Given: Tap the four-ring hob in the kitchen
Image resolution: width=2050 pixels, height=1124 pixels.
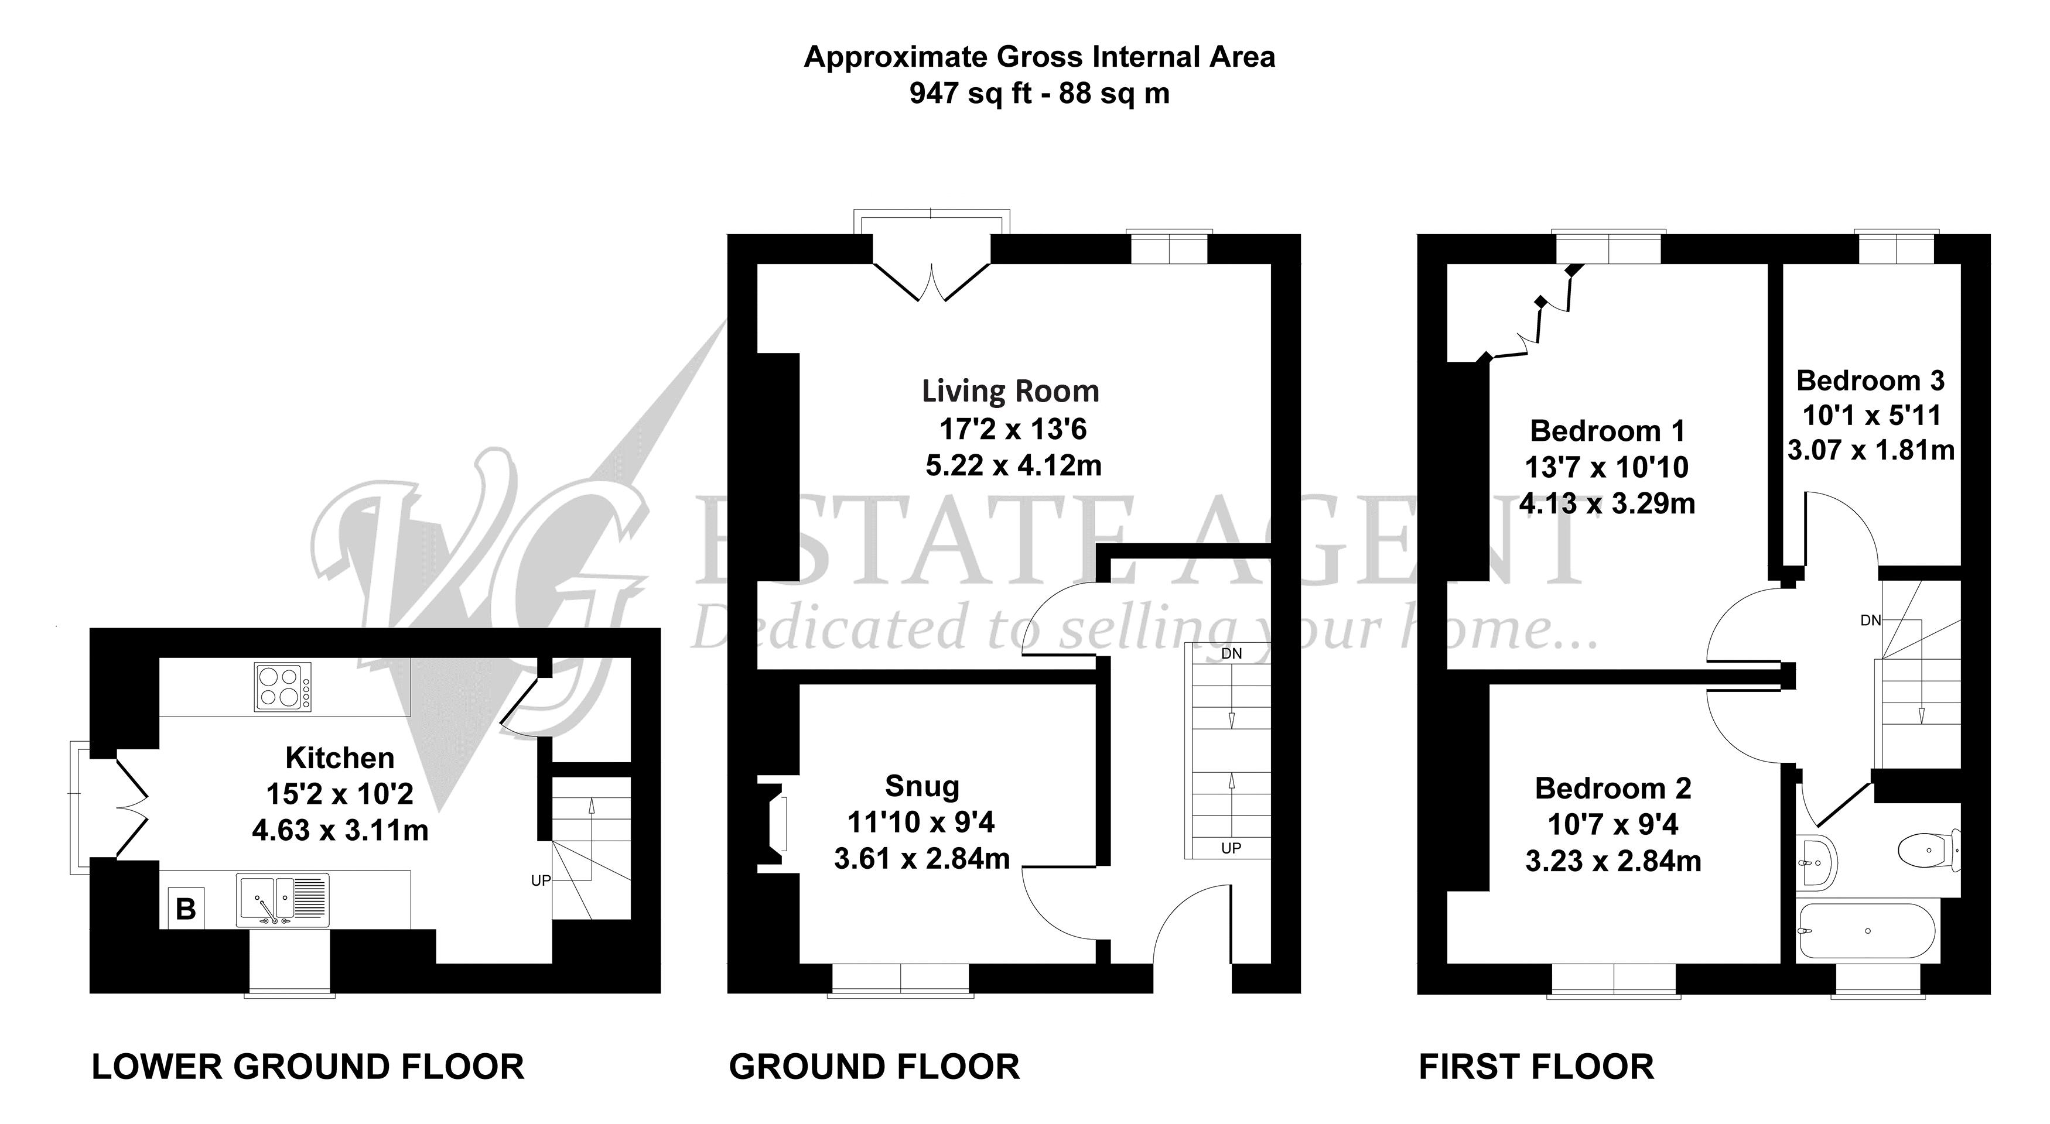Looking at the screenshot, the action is coord(282,687).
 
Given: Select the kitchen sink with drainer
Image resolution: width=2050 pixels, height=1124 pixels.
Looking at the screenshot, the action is coord(282,900).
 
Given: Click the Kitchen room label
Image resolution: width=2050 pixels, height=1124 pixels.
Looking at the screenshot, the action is coord(340,758).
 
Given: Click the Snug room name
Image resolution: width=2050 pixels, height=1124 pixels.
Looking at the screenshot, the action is coord(922,787).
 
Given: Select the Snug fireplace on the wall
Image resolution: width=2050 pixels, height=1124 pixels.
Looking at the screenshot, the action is coord(772,824).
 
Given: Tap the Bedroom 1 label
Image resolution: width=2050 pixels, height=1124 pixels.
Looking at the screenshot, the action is coord(1608,431).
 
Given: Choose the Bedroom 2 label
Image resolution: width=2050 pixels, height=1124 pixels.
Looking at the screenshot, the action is coord(1613,789).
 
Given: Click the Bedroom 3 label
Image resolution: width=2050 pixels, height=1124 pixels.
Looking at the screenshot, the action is coord(1870,381).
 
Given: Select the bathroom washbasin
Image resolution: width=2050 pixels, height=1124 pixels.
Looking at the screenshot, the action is coord(1817,862).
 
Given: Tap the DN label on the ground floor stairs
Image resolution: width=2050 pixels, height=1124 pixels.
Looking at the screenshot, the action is coord(1231,654).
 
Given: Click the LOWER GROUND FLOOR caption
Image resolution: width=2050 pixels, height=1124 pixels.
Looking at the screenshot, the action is coord(308,1067).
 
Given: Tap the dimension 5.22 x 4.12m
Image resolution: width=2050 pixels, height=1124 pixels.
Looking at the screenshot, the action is coord(1014,465).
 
